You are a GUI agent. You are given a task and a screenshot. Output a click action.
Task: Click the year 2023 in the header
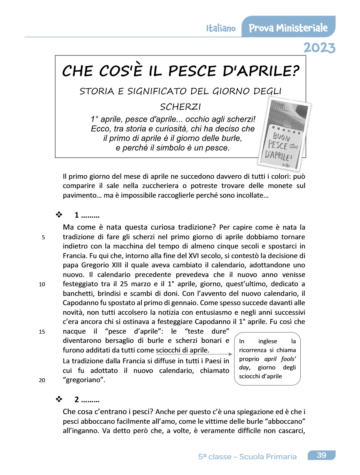click(x=319, y=47)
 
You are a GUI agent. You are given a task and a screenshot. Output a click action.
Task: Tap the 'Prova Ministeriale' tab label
click(x=288, y=28)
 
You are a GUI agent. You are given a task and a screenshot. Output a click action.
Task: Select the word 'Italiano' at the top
click(x=221, y=29)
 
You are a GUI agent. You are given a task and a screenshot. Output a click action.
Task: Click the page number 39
click(x=321, y=455)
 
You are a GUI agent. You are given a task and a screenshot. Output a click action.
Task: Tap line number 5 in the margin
click(x=44, y=237)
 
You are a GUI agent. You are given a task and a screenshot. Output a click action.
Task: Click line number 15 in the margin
click(x=42, y=331)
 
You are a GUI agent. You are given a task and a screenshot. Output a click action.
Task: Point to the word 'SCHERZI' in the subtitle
click(x=180, y=106)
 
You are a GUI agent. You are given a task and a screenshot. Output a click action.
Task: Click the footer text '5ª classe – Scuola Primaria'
click(x=247, y=457)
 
